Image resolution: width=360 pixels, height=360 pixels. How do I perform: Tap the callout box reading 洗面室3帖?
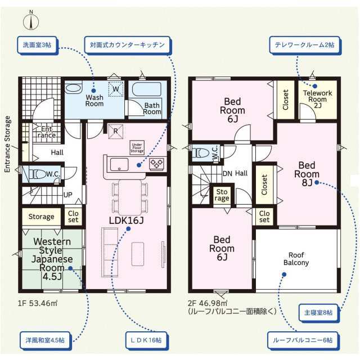pos(37,45)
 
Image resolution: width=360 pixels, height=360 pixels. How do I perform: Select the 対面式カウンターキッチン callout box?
pos(127,45)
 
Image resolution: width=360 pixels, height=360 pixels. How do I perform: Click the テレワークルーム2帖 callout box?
pos(304,45)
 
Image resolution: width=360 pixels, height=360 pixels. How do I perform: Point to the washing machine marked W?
pos(116,89)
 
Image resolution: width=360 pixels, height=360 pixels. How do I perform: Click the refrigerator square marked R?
pos(116,132)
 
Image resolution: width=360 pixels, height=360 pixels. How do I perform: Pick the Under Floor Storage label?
pos(137,147)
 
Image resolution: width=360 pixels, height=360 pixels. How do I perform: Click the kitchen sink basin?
pos(119,165)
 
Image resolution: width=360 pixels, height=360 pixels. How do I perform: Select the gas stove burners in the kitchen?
pos(157,164)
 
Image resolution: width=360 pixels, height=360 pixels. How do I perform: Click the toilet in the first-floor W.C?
pos(38,174)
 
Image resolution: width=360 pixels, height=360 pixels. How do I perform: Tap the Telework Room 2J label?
pos(317,99)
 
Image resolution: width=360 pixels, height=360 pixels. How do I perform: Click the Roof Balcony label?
pos(296,259)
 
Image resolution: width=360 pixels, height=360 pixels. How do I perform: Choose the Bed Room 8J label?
pos(307,174)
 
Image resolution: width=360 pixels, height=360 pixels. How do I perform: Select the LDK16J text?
pos(126,220)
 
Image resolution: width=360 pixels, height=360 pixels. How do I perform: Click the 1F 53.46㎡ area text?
pos(38,303)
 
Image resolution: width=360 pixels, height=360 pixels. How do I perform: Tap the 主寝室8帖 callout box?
pos(318,313)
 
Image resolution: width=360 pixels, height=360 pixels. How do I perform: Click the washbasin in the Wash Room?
pos(73,88)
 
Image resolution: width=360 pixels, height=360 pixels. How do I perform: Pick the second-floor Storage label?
pos(222,195)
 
